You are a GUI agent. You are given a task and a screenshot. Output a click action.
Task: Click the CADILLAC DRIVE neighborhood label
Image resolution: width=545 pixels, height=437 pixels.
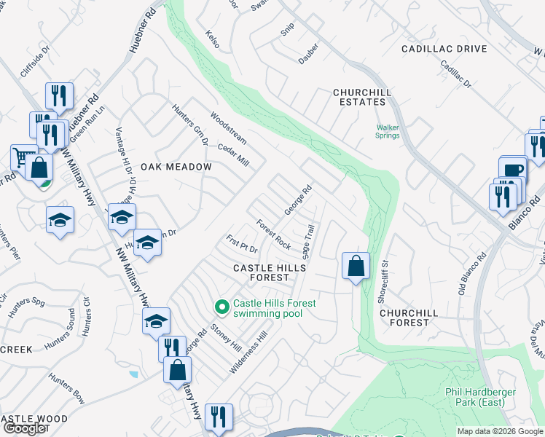(x=444, y=49)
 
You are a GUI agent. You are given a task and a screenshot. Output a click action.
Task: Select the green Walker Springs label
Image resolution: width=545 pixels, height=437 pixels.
(x=388, y=131)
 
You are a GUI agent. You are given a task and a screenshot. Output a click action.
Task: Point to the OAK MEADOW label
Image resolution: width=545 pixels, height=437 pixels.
(x=176, y=167)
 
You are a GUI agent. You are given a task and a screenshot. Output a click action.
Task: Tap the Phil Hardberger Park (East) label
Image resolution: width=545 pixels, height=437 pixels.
(x=480, y=397)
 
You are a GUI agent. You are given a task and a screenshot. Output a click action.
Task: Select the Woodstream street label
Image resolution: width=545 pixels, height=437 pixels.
(x=229, y=127)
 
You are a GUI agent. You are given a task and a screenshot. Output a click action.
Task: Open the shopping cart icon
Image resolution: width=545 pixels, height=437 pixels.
(x=24, y=157)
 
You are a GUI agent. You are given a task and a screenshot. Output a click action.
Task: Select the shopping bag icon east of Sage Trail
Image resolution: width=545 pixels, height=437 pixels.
(x=355, y=266)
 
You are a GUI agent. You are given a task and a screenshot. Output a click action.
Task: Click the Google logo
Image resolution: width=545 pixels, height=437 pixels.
(x=23, y=428)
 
